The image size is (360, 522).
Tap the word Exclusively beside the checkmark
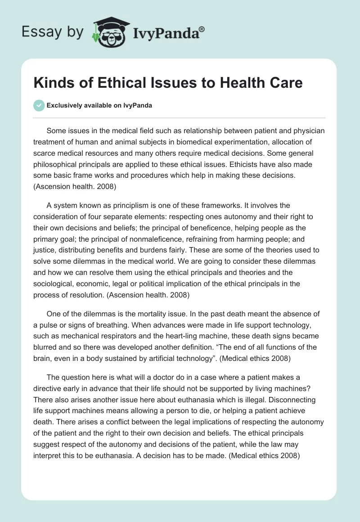pos(63,105)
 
